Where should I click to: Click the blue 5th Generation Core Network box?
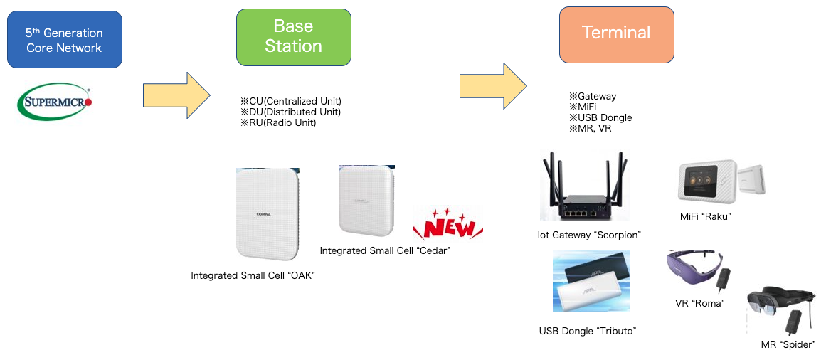[x=64, y=40]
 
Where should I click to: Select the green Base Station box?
[x=293, y=37]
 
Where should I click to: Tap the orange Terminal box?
[x=616, y=34]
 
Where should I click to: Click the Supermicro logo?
[x=54, y=102]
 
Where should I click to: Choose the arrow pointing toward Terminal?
[x=492, y=86]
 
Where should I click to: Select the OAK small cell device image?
[x=268, y=213]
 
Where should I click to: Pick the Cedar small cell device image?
[x=366, y=202]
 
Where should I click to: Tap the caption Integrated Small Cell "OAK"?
[x=253, y=275]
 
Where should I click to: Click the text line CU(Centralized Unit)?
[x=291, y=101]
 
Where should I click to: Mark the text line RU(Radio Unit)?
[x=278, y=122]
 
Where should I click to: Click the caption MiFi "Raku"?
[x=706, y=216]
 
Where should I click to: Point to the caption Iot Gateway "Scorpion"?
[x=590, y=235]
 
